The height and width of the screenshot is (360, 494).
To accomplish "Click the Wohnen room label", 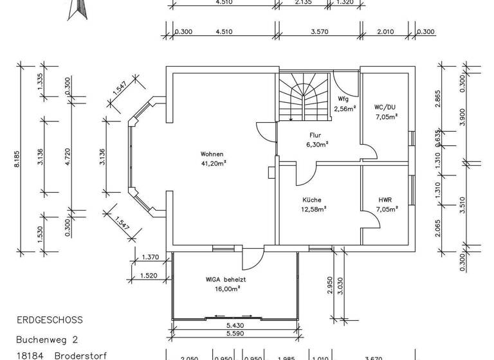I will coord(212,154).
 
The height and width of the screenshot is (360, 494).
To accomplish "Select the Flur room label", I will coord(315,136).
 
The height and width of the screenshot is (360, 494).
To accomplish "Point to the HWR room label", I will coord(385,200).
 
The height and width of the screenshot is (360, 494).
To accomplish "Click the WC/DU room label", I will coord(386,108).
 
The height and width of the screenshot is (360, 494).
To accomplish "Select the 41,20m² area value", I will coord(214,163).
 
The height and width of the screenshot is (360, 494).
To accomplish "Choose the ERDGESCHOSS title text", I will coord(50,319).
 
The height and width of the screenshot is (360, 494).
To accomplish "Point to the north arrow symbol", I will coord(75,9).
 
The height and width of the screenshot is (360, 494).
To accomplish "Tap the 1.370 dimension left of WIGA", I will coord(149,257).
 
